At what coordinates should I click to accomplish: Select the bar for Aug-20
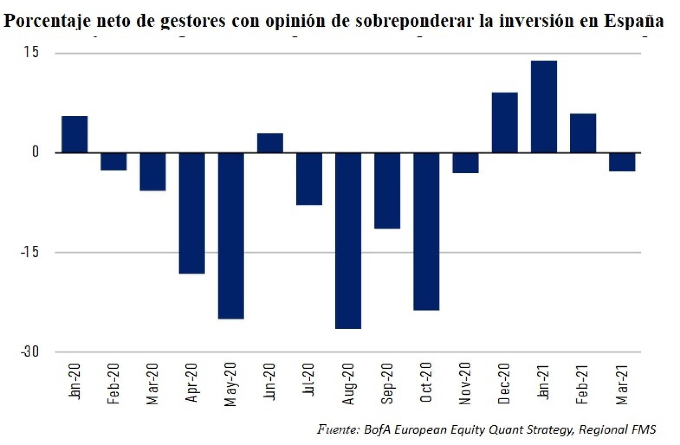coord(348,241)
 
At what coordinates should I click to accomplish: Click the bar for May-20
coord(231,235)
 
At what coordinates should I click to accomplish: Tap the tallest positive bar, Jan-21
coord(544,107)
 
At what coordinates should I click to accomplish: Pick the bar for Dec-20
coord(505,123)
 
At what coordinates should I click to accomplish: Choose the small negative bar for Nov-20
coord(466,163)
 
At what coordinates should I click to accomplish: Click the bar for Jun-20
coord(270,143)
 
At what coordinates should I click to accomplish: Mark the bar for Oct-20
coord(426,231)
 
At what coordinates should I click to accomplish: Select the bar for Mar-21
coord(622,162)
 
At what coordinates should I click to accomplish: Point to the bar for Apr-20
coord(192,213)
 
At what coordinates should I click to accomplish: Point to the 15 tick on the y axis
coord(31,52)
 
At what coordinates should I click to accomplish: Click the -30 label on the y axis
coord(29,351)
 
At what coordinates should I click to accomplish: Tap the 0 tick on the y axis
coord(35,152)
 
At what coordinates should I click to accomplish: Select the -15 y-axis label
coord(29,252)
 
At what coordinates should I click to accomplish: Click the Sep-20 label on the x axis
coord(387,383)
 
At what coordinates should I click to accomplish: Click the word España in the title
coord(633,21)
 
